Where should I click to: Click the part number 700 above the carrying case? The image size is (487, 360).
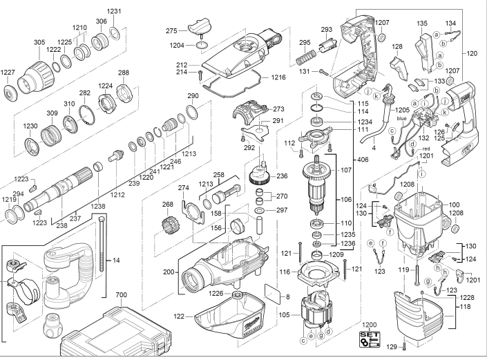click(121, 295)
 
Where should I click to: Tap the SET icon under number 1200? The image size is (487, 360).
click(370, 339)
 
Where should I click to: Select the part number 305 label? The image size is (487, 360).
click(39, 42)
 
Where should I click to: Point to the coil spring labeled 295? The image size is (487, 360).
click(306, 57)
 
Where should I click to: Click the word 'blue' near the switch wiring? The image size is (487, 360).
click(401, 119)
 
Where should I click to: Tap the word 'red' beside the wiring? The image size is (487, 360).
click(426, 149)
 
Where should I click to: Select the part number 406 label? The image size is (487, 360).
click(363, 160)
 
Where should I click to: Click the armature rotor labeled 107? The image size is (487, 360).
click(316, 184)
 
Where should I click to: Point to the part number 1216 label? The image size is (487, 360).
click(278, 77)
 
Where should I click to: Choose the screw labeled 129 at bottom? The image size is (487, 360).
click(404, 346)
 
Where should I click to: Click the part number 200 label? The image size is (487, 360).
click(169, 272)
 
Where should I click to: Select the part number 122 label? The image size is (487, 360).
click(179, 316)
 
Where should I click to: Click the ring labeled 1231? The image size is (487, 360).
click(115, 33)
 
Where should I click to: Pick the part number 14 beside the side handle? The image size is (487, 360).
click(116, 260)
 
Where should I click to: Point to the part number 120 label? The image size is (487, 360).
click(472, 53)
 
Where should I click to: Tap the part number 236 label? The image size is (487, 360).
click(282, 176)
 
